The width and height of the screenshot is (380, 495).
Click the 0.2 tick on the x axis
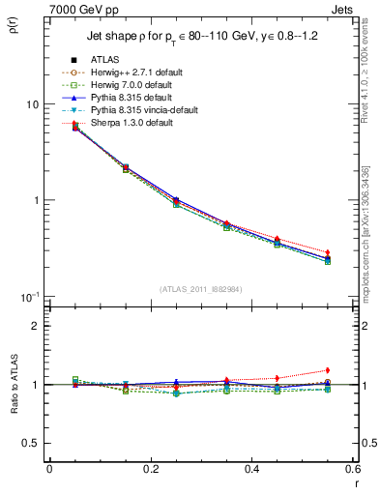pyautogui.click(x=150, y=470)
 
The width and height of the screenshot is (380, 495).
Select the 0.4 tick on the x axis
pyautogui.click(x=251, y=470)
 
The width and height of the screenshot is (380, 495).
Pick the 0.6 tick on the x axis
pyautogui.click(x=352, y=470)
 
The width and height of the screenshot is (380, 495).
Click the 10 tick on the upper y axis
pyautogui.click(x=31, y=104)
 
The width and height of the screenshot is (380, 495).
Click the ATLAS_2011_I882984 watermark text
pyautogui.click(x=200, y=289)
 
